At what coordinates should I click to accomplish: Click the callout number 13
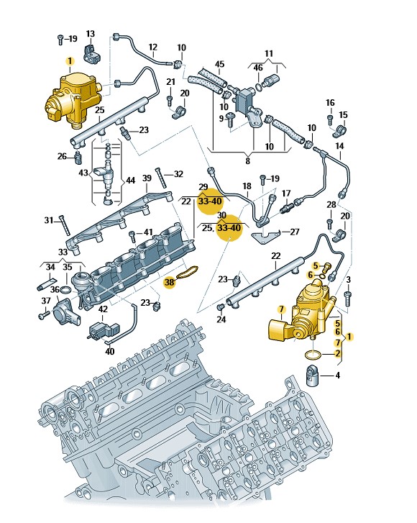coord(91,34)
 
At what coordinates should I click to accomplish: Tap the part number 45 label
coord(220,64)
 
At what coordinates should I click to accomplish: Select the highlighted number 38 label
coord(170,282)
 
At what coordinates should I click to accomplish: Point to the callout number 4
coord(338,376)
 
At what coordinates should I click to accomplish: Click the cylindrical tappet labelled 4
coord(313,376)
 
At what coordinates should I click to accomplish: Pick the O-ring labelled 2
coord(313,355)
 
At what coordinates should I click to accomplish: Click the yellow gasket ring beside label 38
coord(188,271)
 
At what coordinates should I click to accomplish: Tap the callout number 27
coord(295,232)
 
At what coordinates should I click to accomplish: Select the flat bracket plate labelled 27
coord(265,237)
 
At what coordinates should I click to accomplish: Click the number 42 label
coord(103,309)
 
